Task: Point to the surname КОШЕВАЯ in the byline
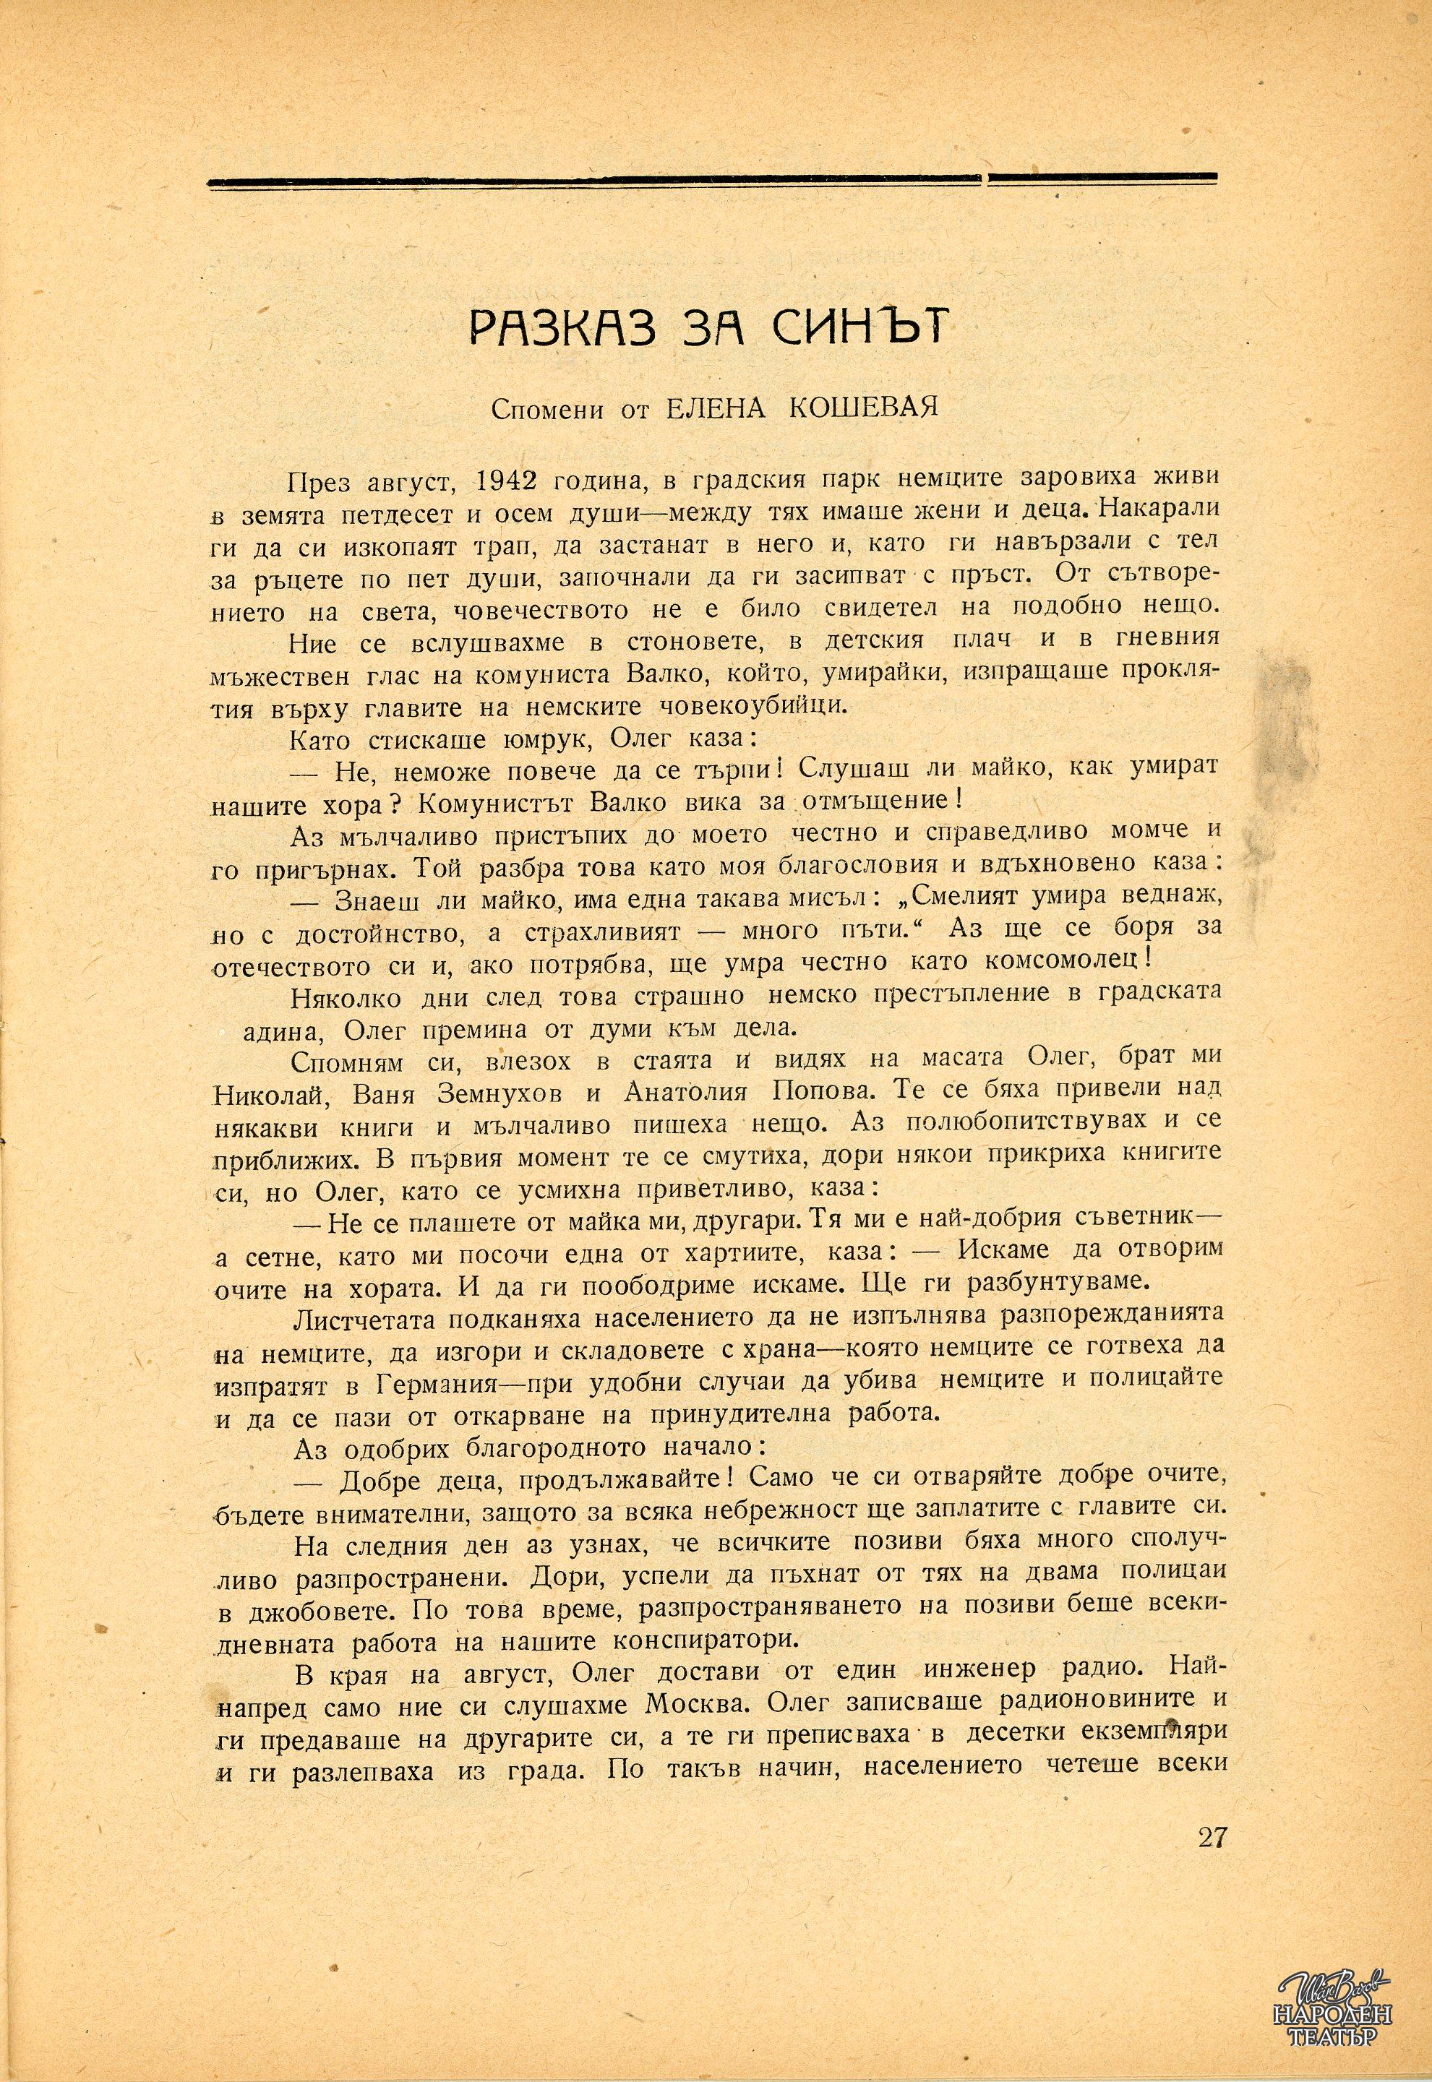pos(864,408)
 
